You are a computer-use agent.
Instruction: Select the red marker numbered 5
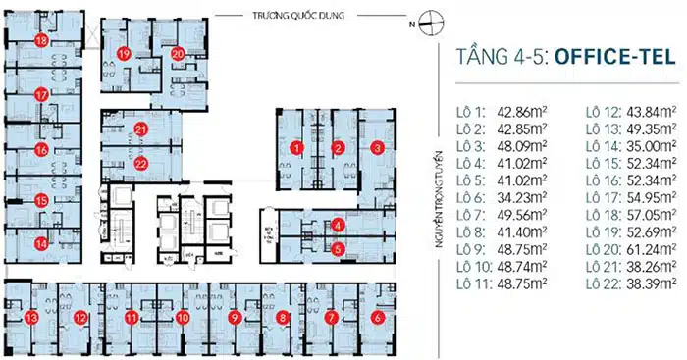click(x=338, y=249)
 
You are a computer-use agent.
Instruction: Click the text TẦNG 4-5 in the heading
click(x=502, y=58)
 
